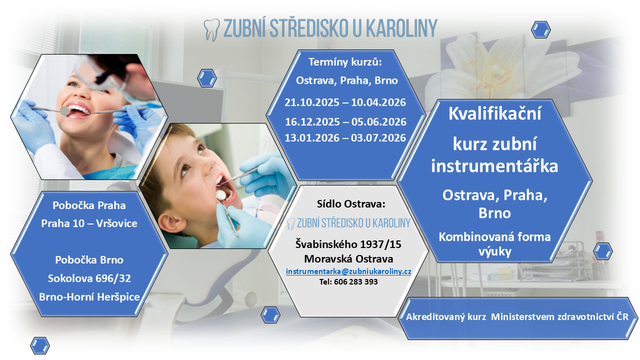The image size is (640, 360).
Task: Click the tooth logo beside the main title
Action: tap(211, 30)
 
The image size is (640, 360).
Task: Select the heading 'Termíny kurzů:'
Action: tap(345, 62)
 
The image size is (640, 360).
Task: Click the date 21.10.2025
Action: tap(311, 102)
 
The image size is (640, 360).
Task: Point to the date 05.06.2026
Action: tap(378, 121)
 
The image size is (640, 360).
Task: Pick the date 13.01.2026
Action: tap(311, 137)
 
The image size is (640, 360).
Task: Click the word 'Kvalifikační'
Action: tap(494, 113)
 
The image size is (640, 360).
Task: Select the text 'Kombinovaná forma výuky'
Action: tap(494, 244)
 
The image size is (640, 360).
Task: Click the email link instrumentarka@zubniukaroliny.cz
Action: tap(348, 271)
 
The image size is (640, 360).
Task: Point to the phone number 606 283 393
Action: tap(355, 281)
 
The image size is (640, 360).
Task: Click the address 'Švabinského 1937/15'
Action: tap(348, 244)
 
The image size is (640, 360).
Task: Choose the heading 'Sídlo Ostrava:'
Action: tap(351, 203)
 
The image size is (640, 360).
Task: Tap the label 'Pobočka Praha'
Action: tap(89, 205)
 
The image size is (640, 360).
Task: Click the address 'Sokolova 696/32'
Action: tap(89, 278)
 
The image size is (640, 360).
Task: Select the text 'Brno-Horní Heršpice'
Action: tap(89, 297)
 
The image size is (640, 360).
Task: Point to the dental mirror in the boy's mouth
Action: tap(221, 195)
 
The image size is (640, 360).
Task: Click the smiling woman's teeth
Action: tap(79, 109)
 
